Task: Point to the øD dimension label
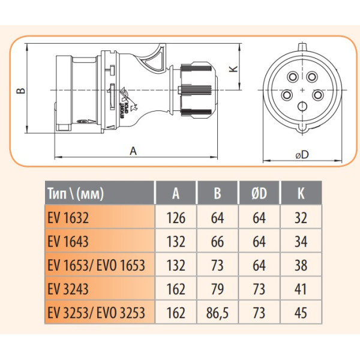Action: (302, 155)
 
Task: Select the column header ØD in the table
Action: (259, 193)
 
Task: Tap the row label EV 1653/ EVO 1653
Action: (95, 265)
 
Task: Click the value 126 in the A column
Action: (176, 217)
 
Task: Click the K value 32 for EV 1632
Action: (300, 217)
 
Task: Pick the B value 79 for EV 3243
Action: (217, 289)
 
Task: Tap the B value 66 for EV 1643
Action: (217, 241)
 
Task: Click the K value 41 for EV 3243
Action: (300, 289)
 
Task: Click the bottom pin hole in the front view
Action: (302, 107)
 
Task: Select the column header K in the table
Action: (300, 193)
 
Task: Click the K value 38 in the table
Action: (300, 265)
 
